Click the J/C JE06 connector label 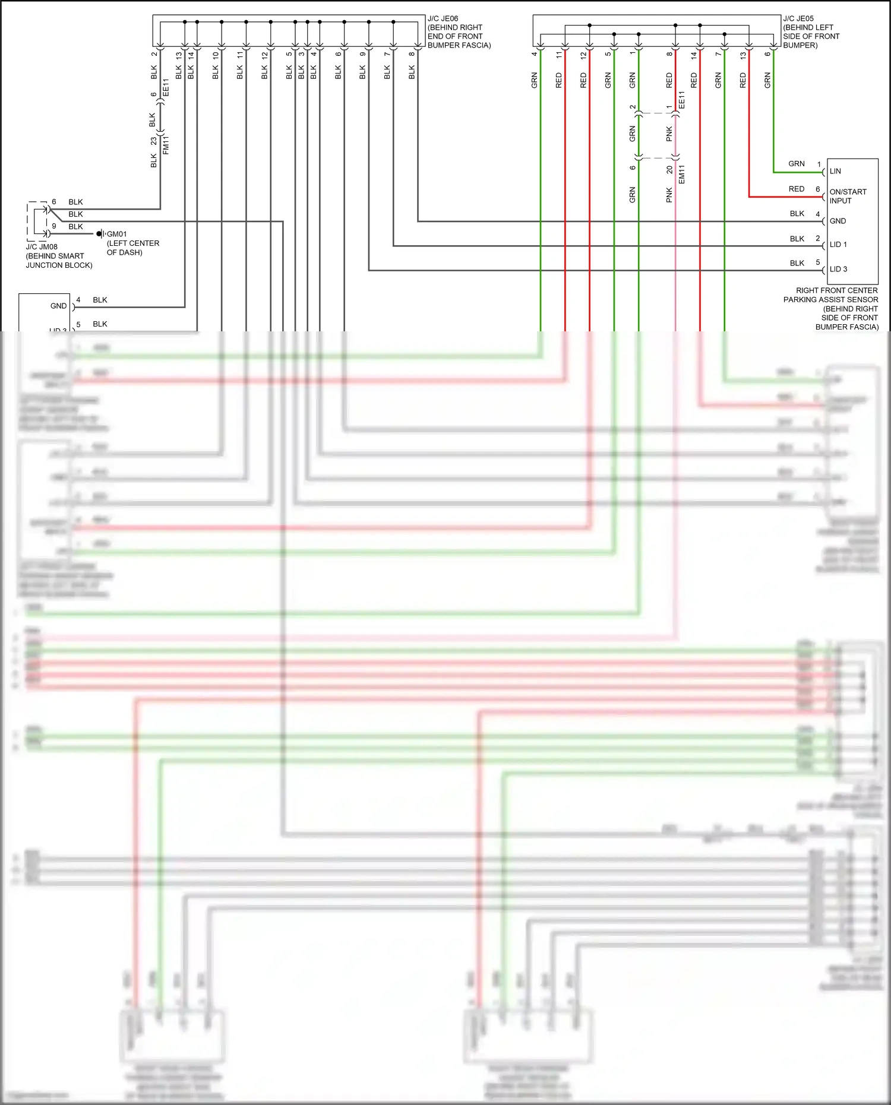tap(443, 19)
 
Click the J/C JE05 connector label tap(798, 19)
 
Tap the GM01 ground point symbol tap(100, 234)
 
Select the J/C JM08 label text tap(42, 247)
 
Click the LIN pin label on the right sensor tap(835, 172)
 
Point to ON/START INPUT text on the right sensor tap(848, 196)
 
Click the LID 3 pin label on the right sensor tap(838, 269)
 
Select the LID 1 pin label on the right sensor tap(838, 245)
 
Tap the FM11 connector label tap(166, 145)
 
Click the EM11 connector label tap(682, 174)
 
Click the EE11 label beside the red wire tap(682, 100)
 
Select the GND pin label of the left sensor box tap(58, 306)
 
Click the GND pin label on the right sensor tap(838, 221)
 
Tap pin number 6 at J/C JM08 tap(54, 202)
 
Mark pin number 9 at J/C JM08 tap(54, 226)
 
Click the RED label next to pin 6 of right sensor tap(796, 189)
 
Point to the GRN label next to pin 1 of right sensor tap(796, 164)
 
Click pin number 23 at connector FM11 tap(154, 141)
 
